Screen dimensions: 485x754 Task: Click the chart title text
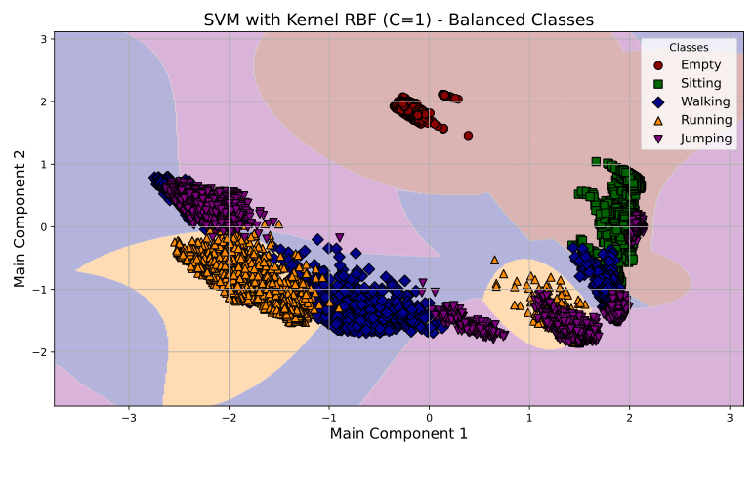click(x=398, y=20)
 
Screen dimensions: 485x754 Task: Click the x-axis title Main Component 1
click(x=398, y=433)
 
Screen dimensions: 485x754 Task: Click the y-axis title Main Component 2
click(x=21, y=219)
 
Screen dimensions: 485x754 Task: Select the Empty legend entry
click(x=700, y=64)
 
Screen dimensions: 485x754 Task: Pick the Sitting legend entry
click(x=700, y=83)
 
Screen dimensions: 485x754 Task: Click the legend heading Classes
click(x=688, y=47)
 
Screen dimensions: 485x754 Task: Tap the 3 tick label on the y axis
click(x=43, y=39)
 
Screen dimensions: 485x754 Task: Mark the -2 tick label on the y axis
click(x=39, y=352)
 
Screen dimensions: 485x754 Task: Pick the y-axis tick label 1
click(x=43, y=164)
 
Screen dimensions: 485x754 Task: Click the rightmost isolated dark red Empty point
click(x=468, y=136)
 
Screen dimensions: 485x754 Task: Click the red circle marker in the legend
click(x=658, y=64)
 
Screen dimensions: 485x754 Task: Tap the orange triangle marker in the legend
click(x=658, y=120)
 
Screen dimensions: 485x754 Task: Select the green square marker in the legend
click(x=658, y=83)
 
